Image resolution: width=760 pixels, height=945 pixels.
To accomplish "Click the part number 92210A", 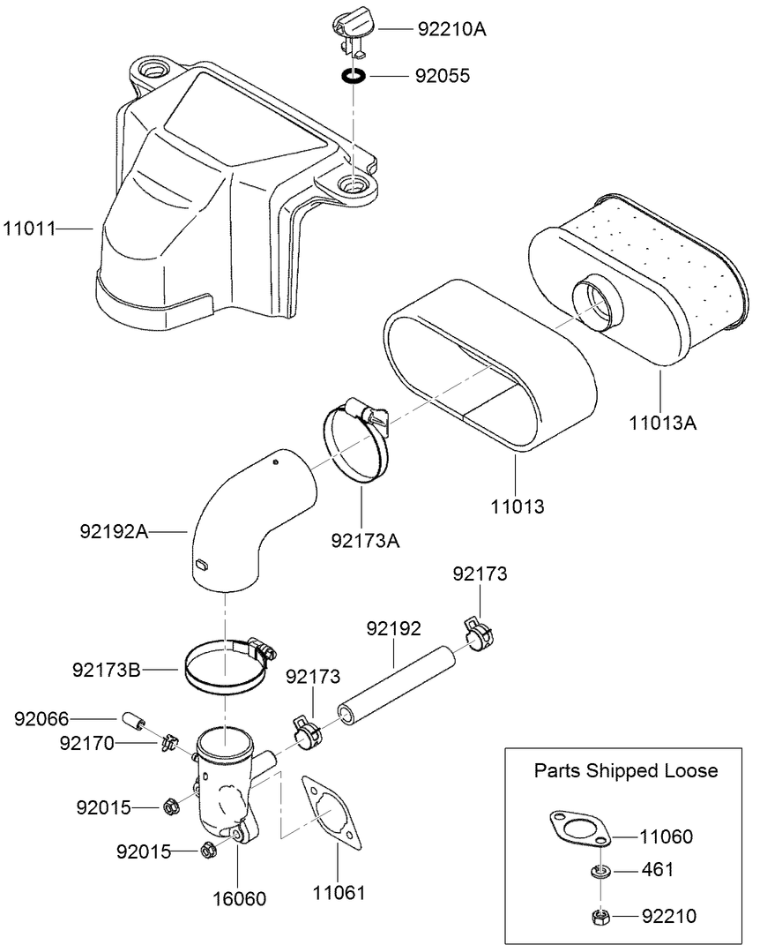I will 451,29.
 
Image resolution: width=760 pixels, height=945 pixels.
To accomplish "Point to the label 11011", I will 29,229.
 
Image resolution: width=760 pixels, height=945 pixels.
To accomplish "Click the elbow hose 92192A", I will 251,521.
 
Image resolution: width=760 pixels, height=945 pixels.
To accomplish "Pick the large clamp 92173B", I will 227,669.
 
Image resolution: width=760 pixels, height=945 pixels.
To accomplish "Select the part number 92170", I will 86,743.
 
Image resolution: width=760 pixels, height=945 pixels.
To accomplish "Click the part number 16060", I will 238,899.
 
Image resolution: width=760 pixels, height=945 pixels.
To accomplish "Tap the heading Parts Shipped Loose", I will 626,770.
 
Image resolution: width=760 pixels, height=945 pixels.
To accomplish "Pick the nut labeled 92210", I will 600,916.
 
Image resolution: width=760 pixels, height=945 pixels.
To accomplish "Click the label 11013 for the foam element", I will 518,506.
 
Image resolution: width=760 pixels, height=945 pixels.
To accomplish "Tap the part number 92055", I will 443,77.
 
